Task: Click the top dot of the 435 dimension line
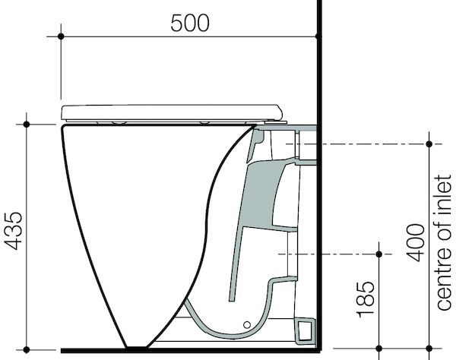(27, 123)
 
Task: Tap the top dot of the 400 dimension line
(430, 144)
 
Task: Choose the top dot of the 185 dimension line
(378, 252)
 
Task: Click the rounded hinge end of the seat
(280, 112)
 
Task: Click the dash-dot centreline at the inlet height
(365, 144)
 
